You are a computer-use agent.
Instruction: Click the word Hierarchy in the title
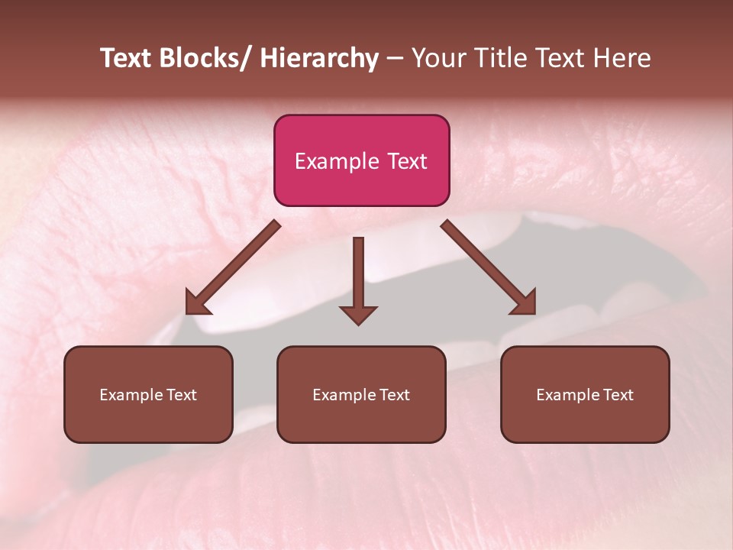pyautogui.click(x=319, y=58)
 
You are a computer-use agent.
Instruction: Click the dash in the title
pyautogui.click(x=395, y=58)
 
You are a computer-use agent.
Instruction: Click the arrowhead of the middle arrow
pyautogui.click(x=358, y=314)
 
